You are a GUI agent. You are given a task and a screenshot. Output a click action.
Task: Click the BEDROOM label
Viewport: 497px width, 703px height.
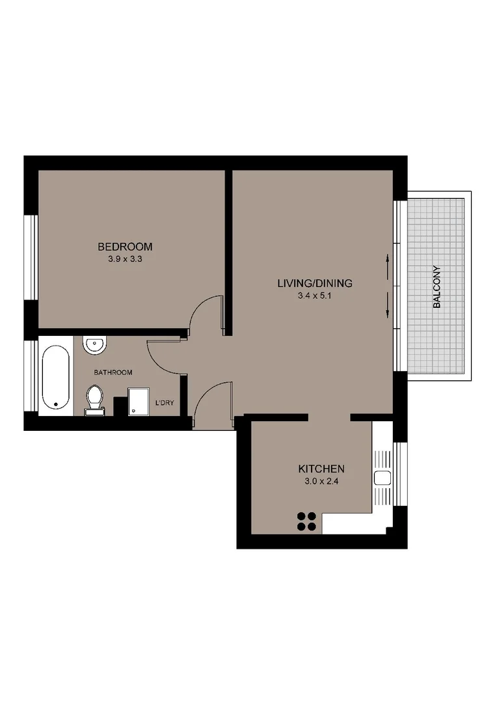click(x=125, y=247)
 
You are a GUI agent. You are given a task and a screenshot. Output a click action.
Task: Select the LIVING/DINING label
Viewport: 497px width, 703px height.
click(x=315, y=283)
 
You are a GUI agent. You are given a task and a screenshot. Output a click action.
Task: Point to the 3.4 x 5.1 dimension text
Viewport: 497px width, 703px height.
click(x=315, y=296)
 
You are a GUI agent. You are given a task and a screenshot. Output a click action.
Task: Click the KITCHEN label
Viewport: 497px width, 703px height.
click(x=321, y=469)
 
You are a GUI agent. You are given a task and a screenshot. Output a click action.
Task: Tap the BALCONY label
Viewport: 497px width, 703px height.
click(x=437, y=287)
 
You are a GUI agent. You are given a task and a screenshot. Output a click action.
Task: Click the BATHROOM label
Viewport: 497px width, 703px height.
click(x=113, y=372)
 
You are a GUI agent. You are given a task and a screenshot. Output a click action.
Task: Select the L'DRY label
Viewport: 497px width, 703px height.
click(x=165, y=404)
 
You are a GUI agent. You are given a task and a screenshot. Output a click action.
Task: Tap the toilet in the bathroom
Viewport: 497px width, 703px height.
click(x=95, y=399)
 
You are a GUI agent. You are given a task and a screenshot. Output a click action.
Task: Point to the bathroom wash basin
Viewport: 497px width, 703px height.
click(x=95, y=344)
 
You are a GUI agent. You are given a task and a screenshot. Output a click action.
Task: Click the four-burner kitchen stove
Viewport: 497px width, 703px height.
click(x=306, y=521)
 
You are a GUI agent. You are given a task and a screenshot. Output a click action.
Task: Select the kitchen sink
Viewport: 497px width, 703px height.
click(x=382, y=478)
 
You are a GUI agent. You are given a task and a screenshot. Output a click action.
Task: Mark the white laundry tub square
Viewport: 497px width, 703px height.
click(x=139, y=402)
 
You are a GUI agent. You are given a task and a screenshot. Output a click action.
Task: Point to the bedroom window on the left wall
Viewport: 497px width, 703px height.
click(x=31, y=257)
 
